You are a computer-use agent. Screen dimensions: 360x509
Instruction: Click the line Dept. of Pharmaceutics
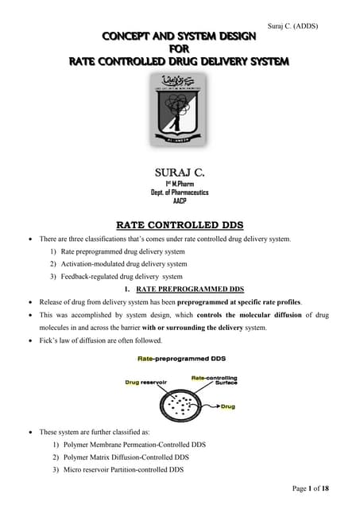click(x=180, y=192)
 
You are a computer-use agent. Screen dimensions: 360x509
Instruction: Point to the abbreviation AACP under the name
click(x=180, y=201)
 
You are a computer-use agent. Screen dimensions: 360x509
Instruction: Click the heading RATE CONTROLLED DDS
click(x=180, y=224)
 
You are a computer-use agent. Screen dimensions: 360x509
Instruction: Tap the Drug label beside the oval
click(x=227, y=406)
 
